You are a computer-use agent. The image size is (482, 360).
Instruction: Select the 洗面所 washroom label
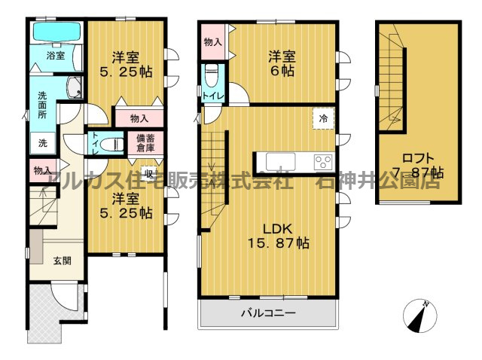(44, 105)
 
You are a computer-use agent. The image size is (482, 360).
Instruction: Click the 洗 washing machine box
(42, 143)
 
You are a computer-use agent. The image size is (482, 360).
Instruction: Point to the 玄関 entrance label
(62, 261)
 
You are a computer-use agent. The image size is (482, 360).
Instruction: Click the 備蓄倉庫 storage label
(146, 142)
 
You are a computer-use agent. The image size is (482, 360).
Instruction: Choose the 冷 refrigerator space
(323, 118)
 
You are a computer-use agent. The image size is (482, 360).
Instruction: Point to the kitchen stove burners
(322, 161)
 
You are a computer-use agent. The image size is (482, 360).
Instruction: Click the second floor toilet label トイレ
(212, 95)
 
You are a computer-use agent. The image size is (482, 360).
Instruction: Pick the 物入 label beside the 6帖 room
(212, 42)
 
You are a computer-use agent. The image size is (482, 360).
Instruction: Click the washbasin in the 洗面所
(75, 88)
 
